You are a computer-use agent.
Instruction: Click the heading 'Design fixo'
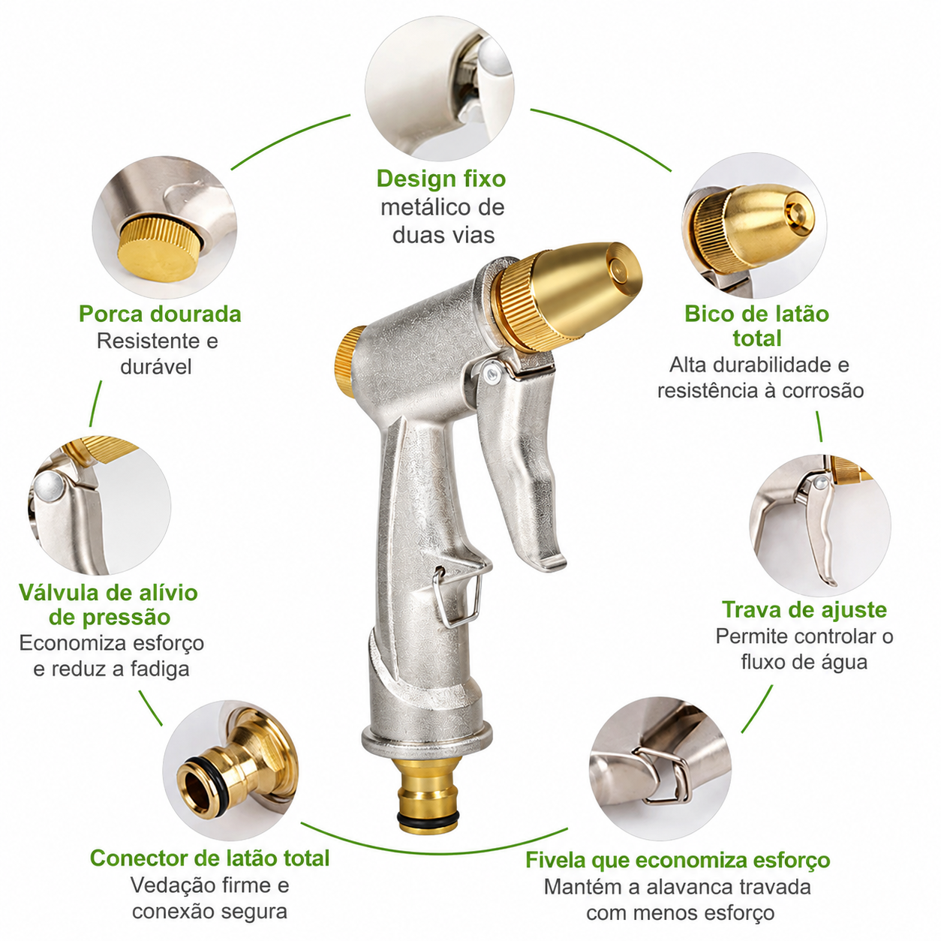[441, 179]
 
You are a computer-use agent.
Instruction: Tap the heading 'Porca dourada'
[160, 314]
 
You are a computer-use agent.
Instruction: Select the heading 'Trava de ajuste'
[804, 610]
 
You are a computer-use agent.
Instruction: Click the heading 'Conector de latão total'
[210, 858]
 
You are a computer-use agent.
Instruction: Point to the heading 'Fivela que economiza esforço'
[678, 860]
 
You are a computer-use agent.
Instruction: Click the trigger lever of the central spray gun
[520, 469]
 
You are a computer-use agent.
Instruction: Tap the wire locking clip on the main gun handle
[459, 597]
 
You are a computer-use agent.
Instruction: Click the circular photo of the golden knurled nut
[164, 227]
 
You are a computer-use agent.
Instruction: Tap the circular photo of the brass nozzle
[754, 225]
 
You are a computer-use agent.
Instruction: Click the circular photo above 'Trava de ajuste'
[820, 525]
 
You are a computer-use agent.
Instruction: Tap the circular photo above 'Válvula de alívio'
[100, 506]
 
